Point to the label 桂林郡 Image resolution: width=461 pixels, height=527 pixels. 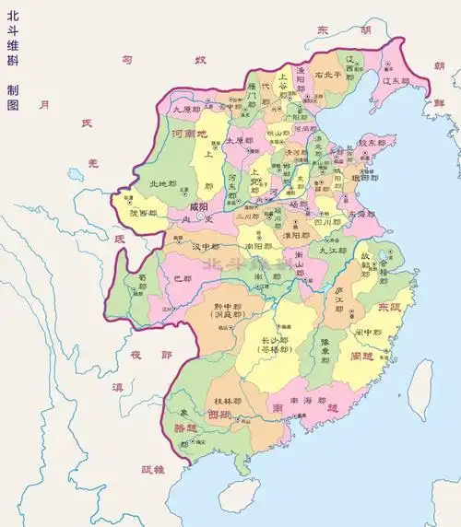[228, 402]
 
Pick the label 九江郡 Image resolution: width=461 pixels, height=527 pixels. [335, 250]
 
